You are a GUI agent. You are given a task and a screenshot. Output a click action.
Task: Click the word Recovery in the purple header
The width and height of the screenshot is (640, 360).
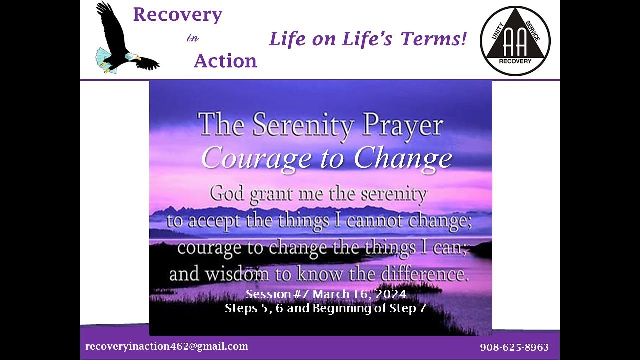coord(177,15)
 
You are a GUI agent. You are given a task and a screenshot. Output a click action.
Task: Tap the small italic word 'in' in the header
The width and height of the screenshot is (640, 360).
coord(192,39)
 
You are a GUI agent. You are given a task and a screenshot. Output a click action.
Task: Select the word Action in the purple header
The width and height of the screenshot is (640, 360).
coord(225,61)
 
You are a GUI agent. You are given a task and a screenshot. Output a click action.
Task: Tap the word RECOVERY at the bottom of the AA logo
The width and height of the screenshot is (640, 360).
coord(515,62)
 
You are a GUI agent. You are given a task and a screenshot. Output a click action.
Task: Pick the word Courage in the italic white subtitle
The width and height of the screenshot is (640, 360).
coord(256,159)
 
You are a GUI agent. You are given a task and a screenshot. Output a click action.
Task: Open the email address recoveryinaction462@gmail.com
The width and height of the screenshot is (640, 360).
coord(167,346)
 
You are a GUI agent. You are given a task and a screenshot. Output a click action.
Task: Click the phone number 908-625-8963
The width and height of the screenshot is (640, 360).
coord(514,347)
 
